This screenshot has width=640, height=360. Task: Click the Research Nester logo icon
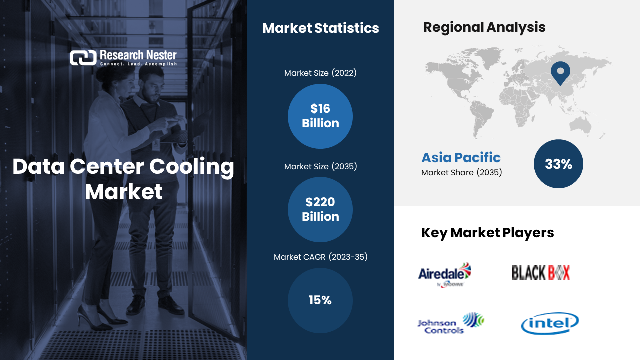tap(83, 58)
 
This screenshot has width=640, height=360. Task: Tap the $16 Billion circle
tap(320, 116)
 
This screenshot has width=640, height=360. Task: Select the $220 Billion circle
tap(320, 210)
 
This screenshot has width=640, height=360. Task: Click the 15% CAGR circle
tap(320, 300)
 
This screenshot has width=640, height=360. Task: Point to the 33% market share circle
tap(558, 164)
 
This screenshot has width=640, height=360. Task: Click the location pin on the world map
tap(560, 73)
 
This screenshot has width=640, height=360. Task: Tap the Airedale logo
tap(444, 274)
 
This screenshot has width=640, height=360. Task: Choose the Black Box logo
tap(541, 272)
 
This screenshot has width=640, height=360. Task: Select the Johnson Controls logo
tap(450, 324)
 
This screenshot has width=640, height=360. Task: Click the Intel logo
tap(550, 324)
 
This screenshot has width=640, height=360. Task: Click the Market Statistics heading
tap(320, 28)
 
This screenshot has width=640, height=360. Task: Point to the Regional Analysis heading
tap(484, 27)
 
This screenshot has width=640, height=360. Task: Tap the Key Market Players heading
tap(487, 232)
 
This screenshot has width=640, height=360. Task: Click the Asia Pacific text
tap(461, 158)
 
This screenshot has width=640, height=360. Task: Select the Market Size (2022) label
tap(320, 73)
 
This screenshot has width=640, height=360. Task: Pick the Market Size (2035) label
tap(320, 166)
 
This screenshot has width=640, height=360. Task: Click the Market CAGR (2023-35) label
tap(320, 257)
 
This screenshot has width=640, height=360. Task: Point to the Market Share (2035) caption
tap(461, 173)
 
